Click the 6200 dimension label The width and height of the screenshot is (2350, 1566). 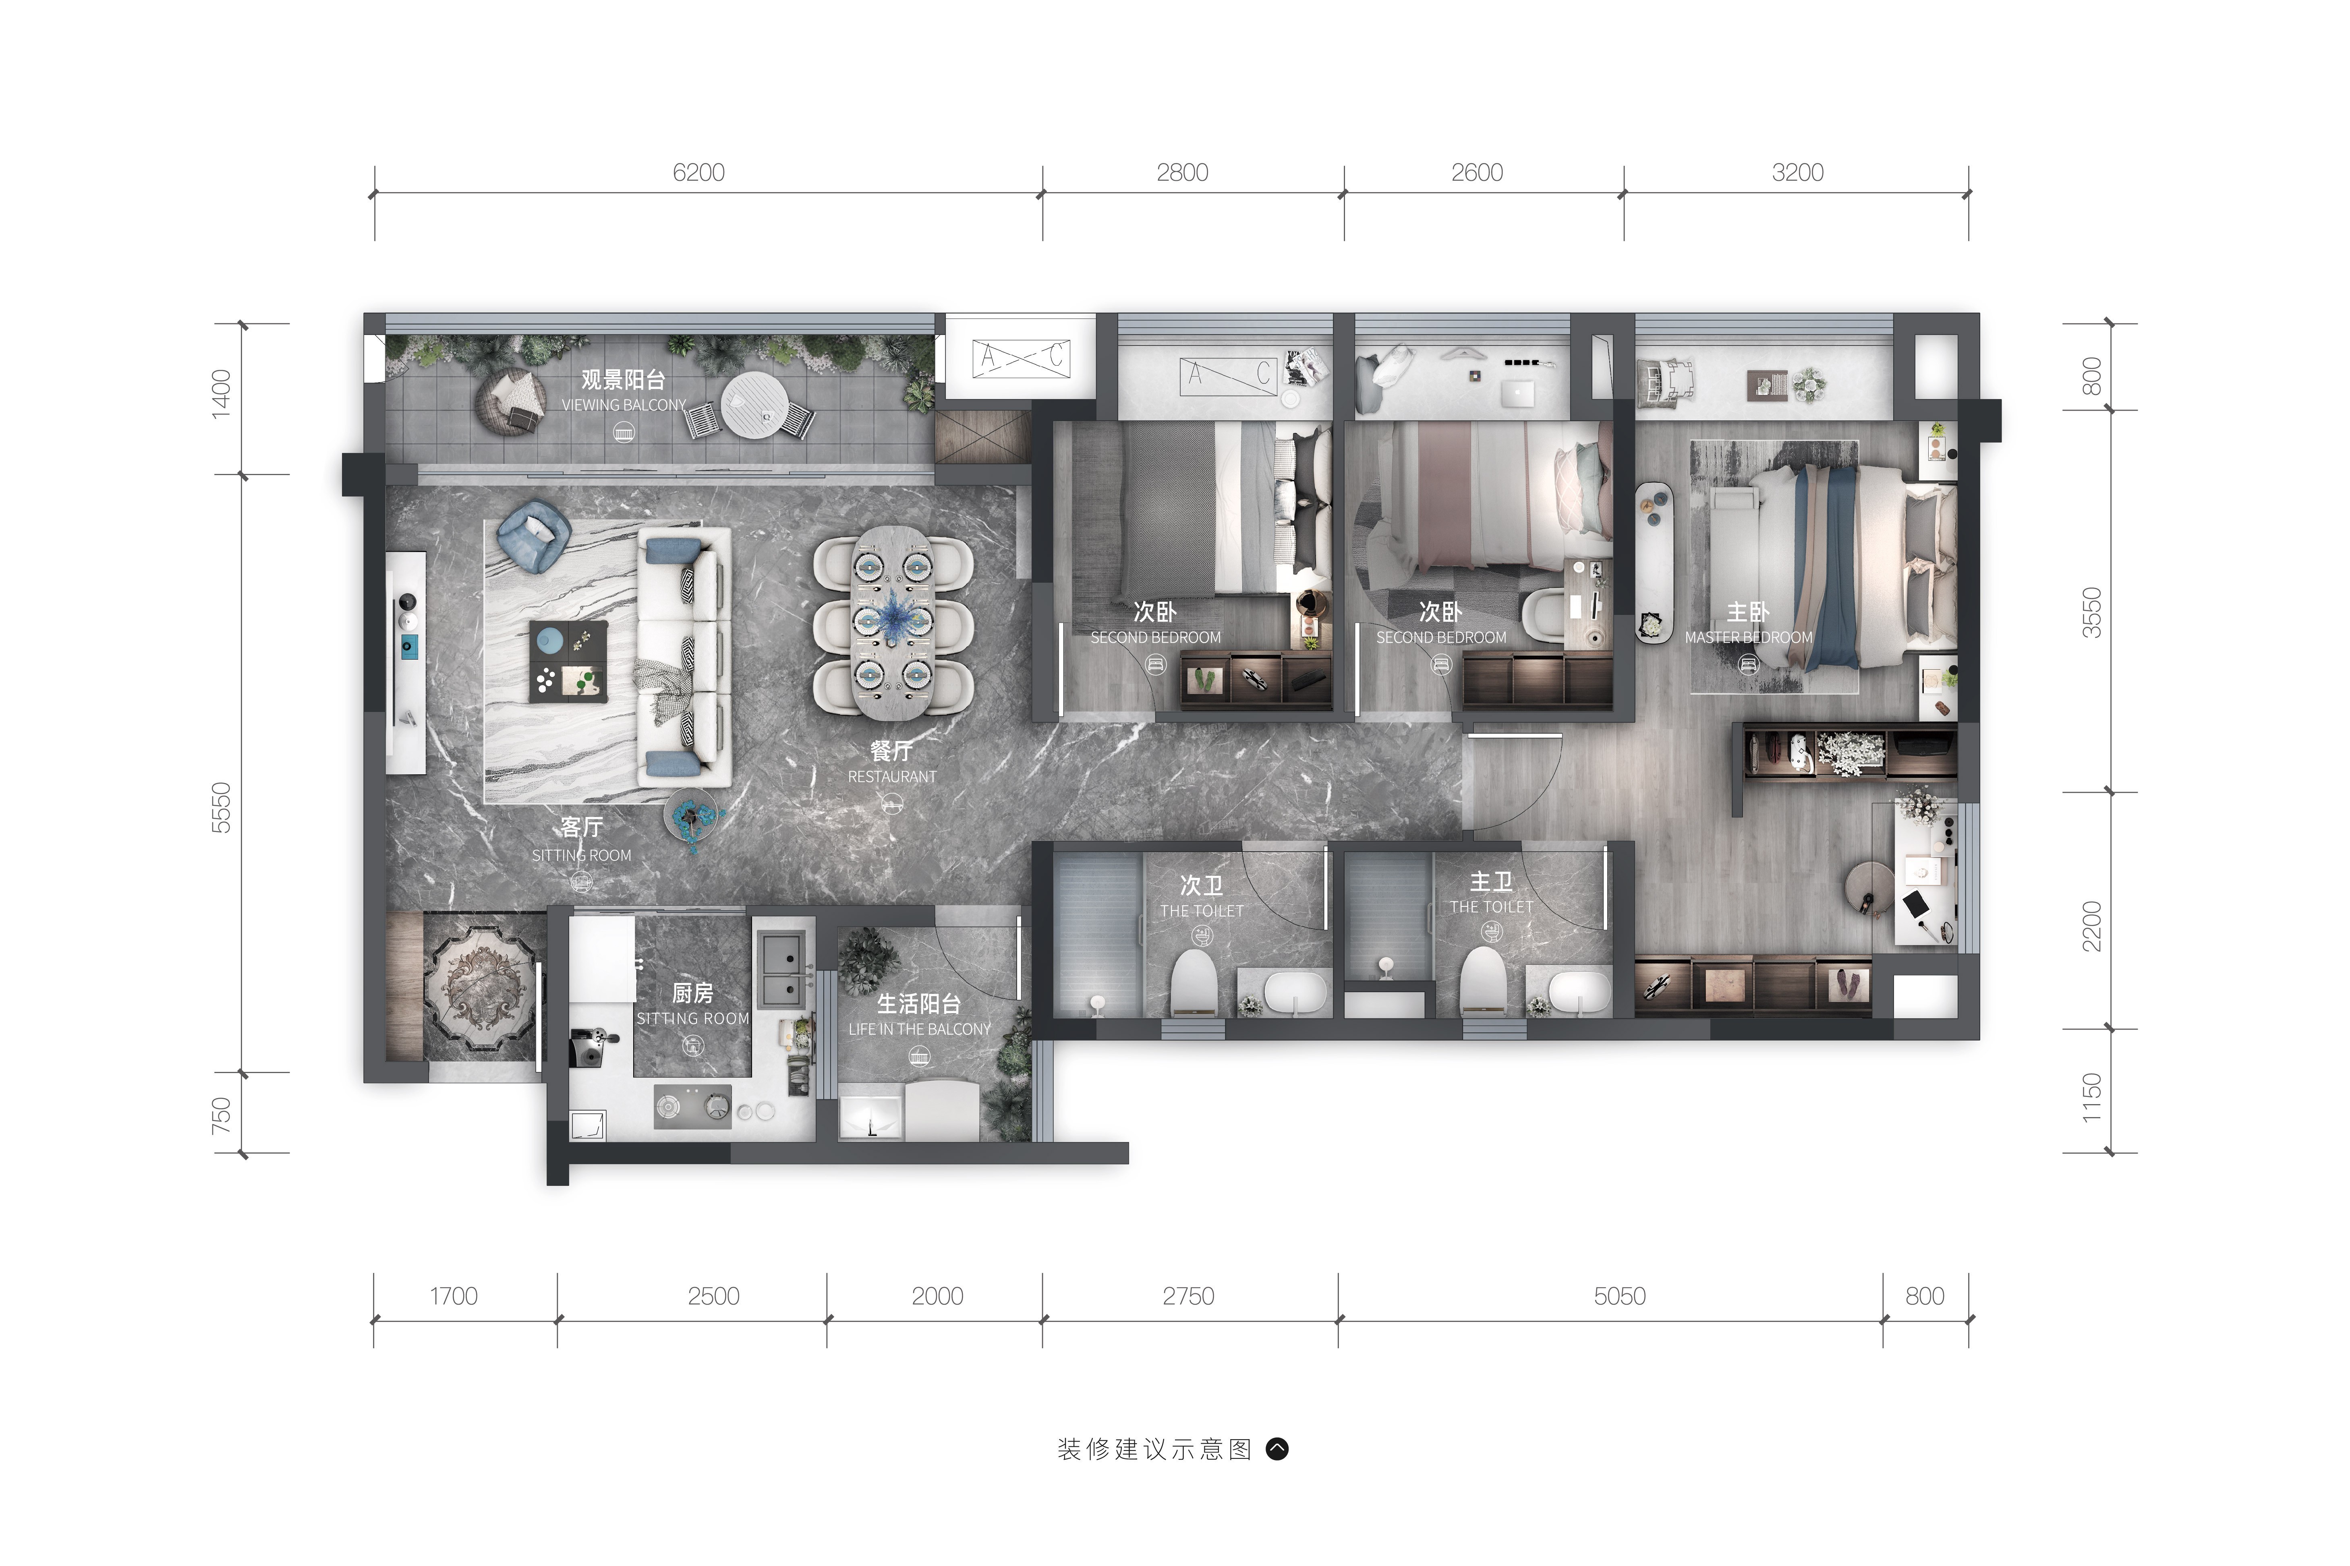698,173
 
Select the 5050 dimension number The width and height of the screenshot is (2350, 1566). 1620,1296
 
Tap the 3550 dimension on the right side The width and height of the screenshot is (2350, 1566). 2091,613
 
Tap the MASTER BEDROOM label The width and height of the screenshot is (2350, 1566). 1749,637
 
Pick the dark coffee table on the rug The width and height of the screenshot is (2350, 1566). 568,661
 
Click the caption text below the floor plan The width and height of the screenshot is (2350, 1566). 1154,1450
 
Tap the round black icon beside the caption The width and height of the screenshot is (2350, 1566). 1277,1449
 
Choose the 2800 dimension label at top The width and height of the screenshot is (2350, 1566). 1183,173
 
